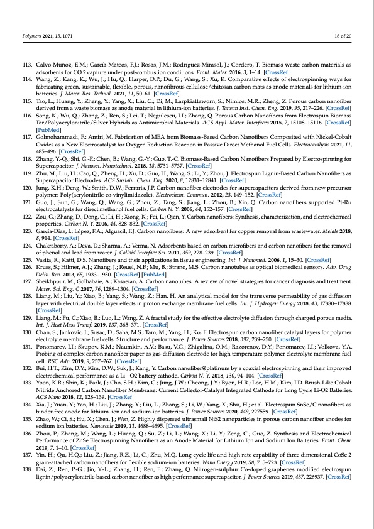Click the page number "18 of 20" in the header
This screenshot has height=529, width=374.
(x=343, y=37)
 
